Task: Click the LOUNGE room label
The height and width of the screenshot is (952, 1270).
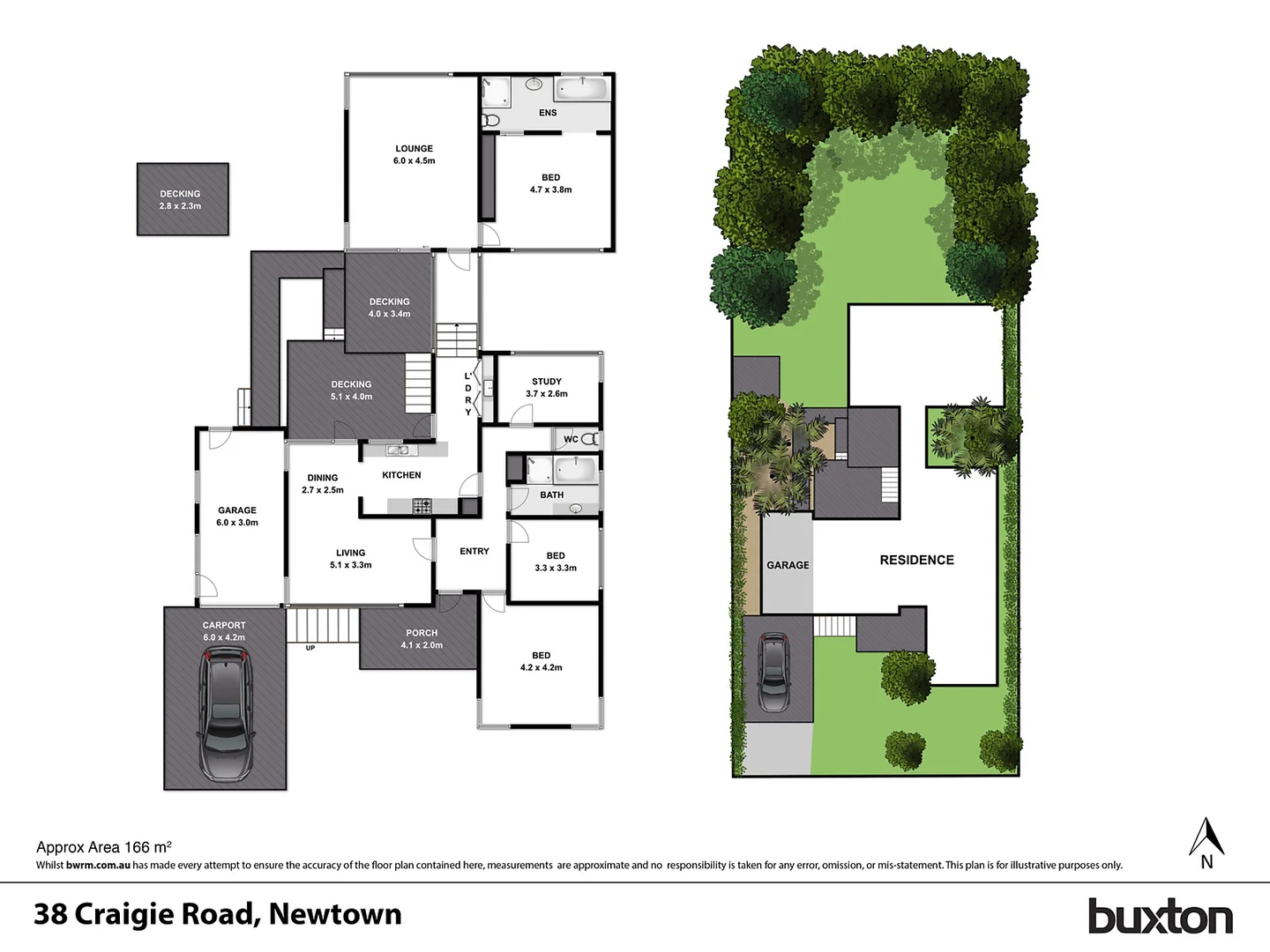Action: click(x=414, y=149)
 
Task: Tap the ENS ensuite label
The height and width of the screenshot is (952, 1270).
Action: click(x=548, y=113)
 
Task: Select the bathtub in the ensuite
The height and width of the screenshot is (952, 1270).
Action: click(x=580, y=88)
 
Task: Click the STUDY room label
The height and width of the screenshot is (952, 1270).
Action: click(x=547, y=382)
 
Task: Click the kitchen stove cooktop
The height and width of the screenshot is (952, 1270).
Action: click(x=422, y=506)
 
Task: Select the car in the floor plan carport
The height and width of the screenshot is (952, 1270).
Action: click(x=226, y=714)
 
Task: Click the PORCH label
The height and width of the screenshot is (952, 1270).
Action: click(x=422, y=633)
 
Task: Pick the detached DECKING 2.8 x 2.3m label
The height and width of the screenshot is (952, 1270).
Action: click(x=180, y=200)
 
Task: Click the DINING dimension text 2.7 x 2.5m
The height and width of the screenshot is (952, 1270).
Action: click(x=323, y=490)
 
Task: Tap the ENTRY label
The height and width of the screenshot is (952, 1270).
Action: click(x=474, y=551)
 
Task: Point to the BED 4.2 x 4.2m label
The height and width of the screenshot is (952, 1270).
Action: click(x=542, y=661)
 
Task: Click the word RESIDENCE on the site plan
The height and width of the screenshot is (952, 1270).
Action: click(x=916, y=560)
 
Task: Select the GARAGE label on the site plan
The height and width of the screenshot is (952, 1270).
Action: click(x=788, y=565)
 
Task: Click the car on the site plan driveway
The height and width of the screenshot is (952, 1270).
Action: click(x=775, y=673)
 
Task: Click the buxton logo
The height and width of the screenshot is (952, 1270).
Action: click(x=1160, y=917)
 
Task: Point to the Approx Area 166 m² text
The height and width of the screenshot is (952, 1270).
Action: click(x=104, y=847)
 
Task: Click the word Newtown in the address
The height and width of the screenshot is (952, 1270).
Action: click(x=335, y=914)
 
